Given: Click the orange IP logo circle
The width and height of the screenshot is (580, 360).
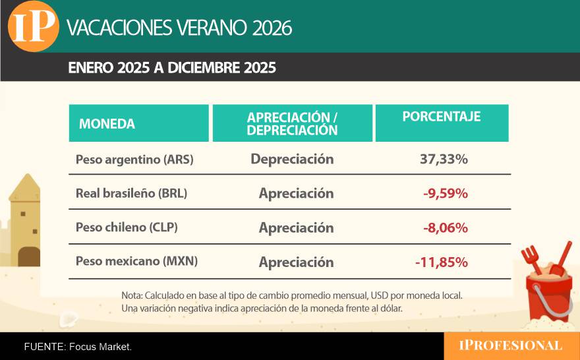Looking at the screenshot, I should click(x=34, y=27).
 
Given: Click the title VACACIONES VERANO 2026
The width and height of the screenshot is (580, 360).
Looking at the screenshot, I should click(x=179, y=28).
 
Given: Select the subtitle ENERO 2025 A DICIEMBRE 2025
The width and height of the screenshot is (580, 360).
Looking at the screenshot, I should click(x=171, y=68).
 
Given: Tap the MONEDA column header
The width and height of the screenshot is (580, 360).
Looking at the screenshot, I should click(x=107, y=123).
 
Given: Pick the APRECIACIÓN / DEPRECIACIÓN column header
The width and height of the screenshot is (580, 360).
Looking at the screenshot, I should click(x=292, y=123).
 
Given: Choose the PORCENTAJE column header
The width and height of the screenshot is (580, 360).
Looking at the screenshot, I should click(x=442, y=117).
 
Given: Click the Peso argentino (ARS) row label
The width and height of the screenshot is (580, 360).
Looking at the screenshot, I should click(x=134, y=160).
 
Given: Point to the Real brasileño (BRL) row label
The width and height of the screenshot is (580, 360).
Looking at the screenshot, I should click(x=132, y=194).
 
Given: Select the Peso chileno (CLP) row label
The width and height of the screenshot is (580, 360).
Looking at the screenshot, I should click(x=127, y=227).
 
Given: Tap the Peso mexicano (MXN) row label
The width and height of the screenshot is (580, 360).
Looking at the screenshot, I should click(x=137, y=261).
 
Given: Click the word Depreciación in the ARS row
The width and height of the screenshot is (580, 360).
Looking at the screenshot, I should click(x=292, y=159).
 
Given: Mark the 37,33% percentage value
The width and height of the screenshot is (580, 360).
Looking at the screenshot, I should click(x=444, y=159).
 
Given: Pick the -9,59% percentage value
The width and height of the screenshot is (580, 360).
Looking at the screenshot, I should click(x=446, y=194).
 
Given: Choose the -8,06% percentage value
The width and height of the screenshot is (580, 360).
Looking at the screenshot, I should click(x=446, y=228).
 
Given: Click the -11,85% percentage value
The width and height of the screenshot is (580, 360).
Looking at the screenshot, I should click(x=442, y=262).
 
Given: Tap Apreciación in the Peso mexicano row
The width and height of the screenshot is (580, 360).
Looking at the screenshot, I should click(x=296, y=262).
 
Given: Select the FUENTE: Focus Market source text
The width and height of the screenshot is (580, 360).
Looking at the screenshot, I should click(x=78, y=346).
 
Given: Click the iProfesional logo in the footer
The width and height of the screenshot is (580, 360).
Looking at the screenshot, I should click(x=511, y=345).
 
